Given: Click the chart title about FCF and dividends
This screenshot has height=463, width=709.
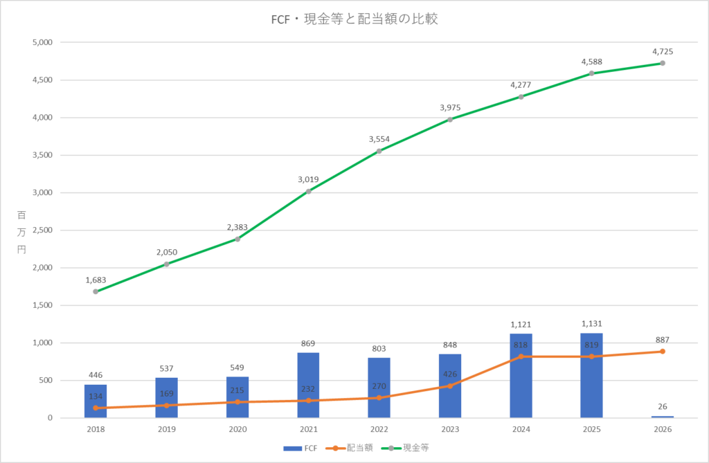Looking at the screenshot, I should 354,19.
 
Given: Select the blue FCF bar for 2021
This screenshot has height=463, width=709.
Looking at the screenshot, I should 308,385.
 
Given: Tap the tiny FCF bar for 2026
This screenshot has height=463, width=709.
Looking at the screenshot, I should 663,417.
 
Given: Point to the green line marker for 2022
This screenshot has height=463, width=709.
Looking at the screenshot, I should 379,151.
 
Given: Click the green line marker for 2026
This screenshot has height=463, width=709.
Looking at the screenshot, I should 663,63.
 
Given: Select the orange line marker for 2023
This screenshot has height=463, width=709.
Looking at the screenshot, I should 450,385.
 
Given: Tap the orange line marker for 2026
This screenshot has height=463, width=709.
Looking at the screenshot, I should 663,352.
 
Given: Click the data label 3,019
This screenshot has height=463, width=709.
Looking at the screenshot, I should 308,179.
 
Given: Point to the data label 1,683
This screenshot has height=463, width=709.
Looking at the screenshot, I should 96,280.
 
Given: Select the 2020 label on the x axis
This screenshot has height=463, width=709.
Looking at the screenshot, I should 237,429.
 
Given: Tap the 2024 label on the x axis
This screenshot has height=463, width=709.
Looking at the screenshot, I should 521,429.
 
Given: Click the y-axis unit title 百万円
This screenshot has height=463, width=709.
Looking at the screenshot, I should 20,230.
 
